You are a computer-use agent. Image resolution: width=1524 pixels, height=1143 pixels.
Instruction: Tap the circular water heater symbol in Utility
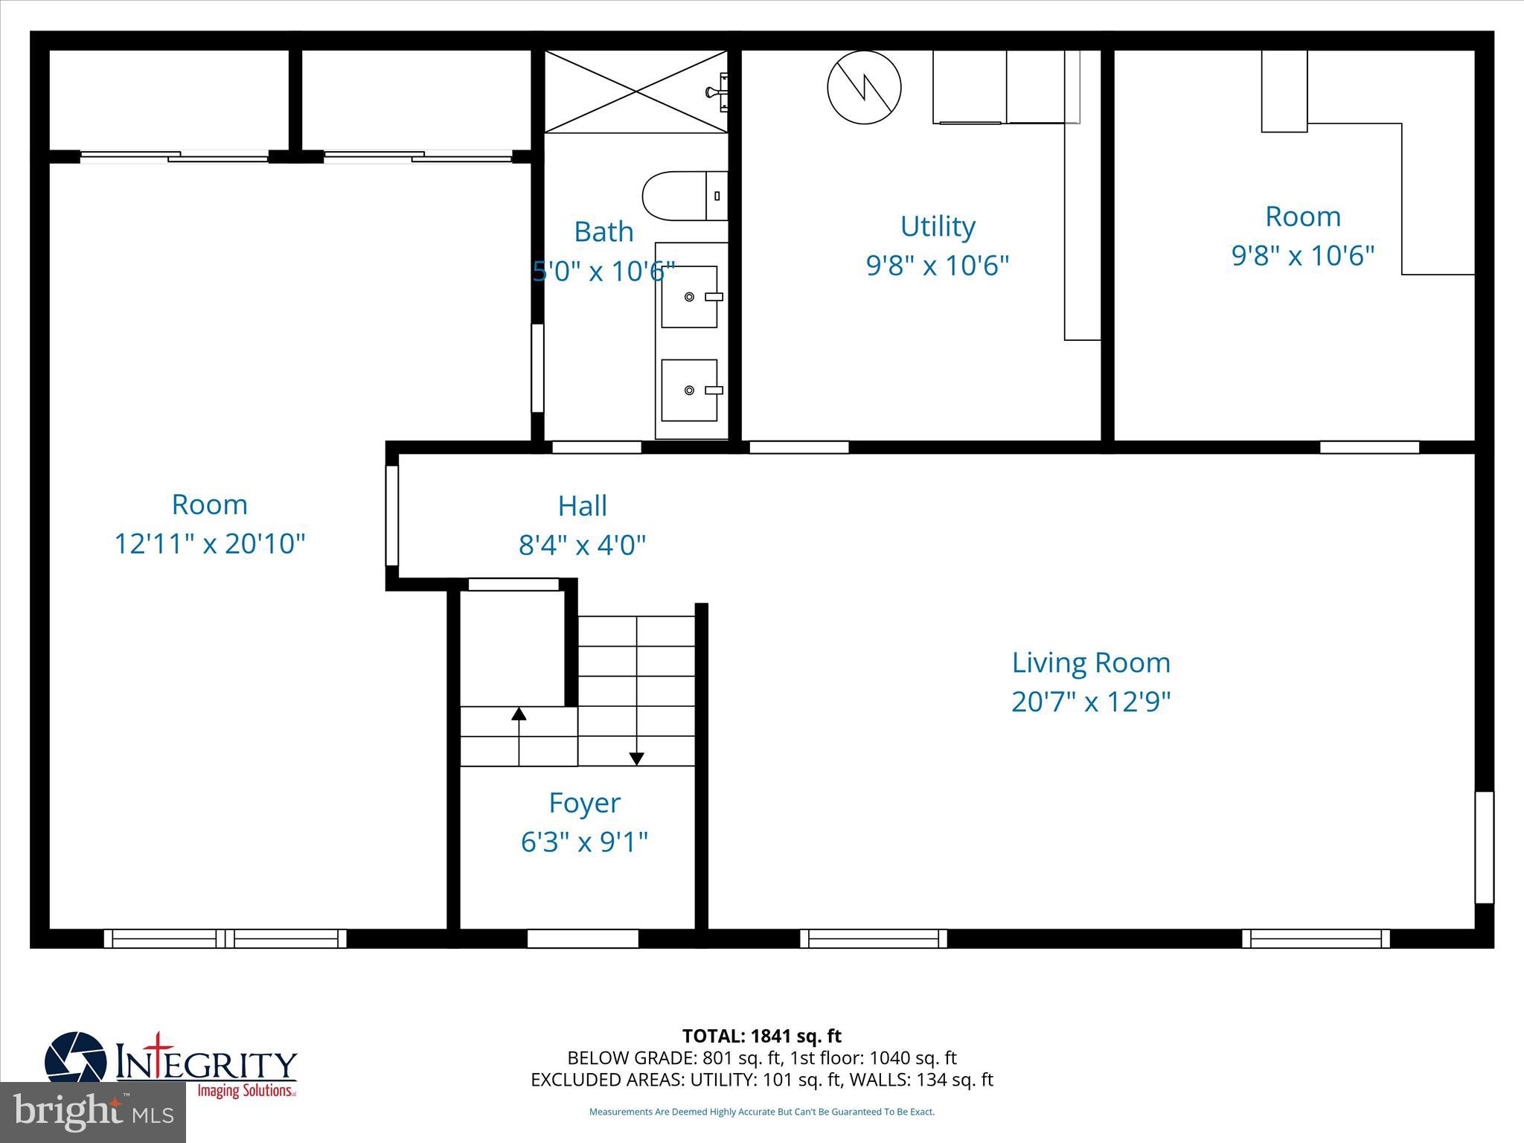point(864,87)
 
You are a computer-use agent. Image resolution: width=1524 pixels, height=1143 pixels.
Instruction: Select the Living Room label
point(1091,662)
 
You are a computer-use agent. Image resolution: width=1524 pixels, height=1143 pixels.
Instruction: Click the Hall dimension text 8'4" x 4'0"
point(582,545)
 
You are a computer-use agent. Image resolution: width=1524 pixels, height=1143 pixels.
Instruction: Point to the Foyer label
point(584,803)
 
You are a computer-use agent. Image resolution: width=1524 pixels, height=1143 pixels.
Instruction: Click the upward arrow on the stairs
point(519,714)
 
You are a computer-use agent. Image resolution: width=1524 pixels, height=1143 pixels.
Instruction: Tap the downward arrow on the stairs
point(636,758)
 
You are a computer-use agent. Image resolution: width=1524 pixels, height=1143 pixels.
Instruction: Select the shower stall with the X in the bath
point(636,92)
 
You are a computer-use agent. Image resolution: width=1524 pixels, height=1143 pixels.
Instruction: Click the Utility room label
point(938,226)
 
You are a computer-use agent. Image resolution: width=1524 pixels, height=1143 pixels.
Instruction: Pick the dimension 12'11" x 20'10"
point(209,544)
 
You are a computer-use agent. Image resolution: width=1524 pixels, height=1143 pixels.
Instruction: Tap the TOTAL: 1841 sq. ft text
point(761,1036)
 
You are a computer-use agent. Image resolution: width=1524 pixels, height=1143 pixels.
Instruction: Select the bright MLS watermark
point(92,1112)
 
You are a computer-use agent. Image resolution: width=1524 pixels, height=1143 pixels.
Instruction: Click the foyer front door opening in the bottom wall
point(583,938)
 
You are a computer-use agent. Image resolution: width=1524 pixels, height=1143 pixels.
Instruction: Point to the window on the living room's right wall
point(1484,847)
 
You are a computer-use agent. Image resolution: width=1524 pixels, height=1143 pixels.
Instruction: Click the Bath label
point(603,231)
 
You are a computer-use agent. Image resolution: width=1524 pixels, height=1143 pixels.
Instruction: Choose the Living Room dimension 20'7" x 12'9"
point(1091,702)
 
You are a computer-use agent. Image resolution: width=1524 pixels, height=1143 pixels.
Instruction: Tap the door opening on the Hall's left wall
point(391,516)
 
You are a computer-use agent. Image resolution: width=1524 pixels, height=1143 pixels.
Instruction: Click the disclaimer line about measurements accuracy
point(761,1112)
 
